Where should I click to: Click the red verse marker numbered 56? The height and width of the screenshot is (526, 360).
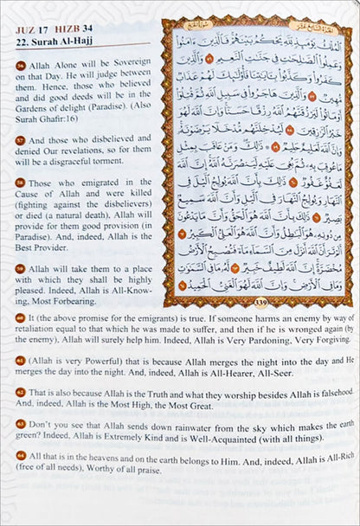[x=20, y=66]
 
